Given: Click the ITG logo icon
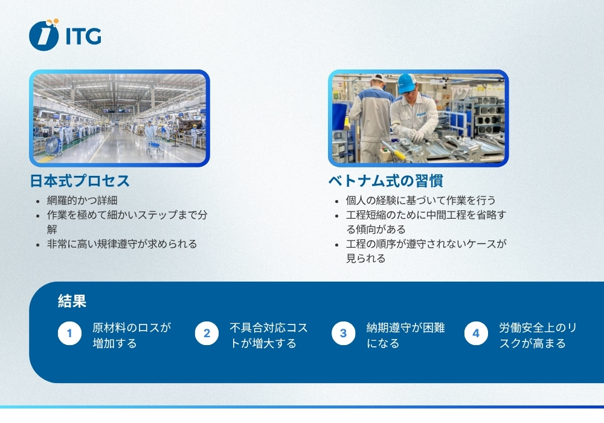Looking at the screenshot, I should (44, 34).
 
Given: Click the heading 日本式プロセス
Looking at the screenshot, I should (80, 181).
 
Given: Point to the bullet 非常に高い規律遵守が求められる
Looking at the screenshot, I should (122, 244).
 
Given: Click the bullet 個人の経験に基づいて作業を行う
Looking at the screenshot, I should (420, 201).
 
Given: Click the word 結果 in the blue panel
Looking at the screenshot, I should (72, 301).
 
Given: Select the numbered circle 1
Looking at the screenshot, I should (69, 334).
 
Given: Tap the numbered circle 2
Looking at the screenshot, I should (207, 334).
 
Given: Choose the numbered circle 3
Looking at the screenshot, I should (343, 334).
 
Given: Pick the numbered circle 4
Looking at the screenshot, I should (476, 334).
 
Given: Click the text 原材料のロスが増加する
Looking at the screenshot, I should (131, 335).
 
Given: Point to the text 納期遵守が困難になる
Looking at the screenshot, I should (405, 335).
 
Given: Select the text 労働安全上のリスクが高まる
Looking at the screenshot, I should (537, 335).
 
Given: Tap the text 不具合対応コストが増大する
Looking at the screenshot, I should (268, 335).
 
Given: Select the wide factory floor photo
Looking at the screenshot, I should (120, 118).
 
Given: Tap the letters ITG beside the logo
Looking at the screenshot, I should (83, 36).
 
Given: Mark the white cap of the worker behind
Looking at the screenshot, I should (379, 78).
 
